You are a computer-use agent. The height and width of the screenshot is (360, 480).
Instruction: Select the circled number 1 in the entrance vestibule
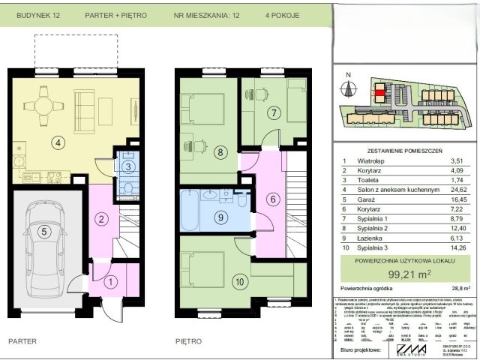tap(109, 283)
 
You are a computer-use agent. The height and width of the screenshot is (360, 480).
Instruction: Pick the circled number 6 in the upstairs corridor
tap(272, 199)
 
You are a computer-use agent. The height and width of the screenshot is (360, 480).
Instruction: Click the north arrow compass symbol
tap(347, 87)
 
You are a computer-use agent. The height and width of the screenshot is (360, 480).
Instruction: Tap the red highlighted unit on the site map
tap(379, 93)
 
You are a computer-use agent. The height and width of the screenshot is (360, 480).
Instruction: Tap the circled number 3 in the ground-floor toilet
tap(128, 166)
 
